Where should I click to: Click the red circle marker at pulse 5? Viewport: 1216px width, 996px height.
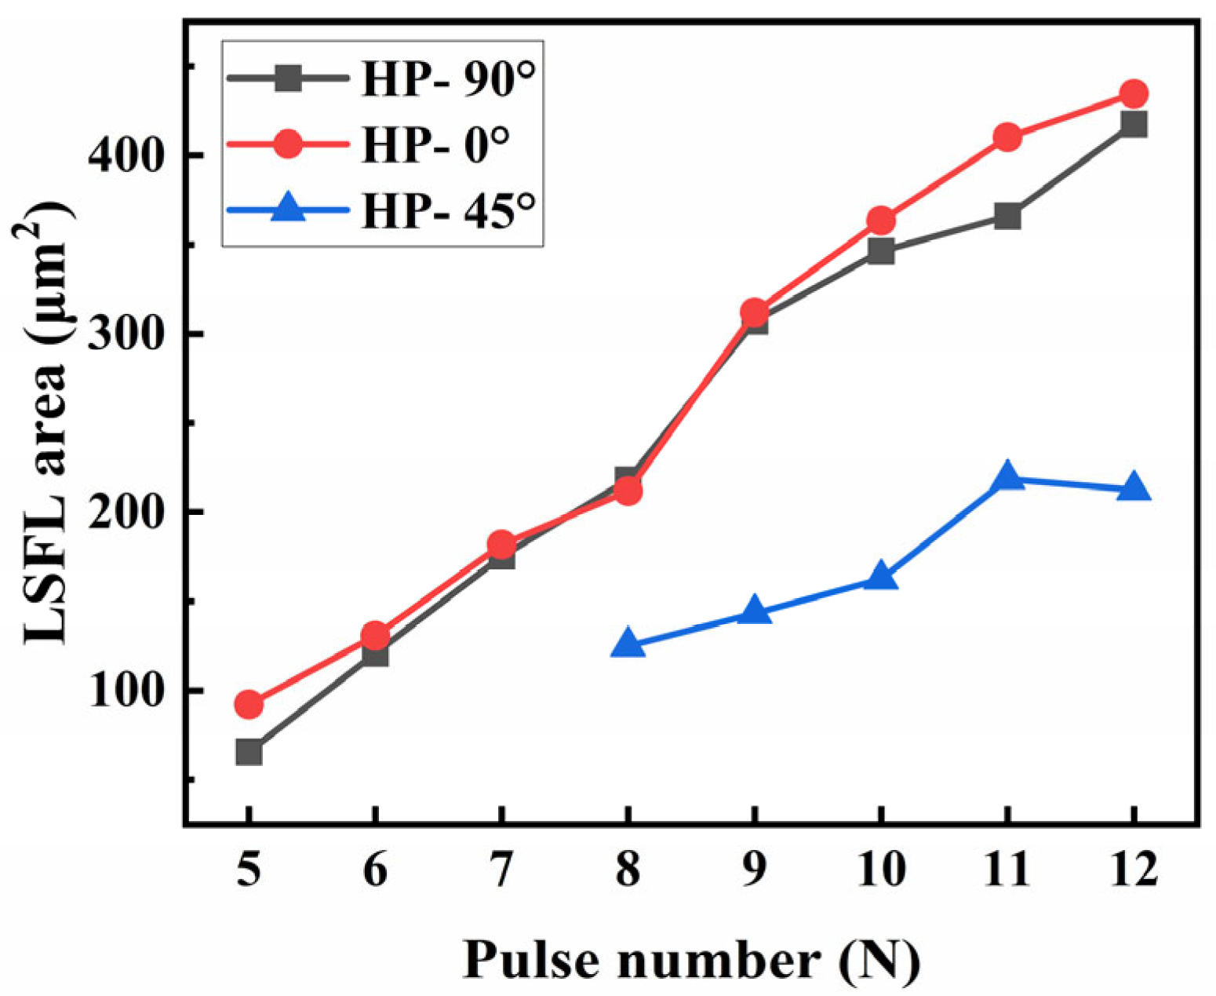(249, 705)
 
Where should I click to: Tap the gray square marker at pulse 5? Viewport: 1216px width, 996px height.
(249, 752)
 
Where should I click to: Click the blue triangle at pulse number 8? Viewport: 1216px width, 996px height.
(628, 644)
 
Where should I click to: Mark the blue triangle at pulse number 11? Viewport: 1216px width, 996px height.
(1007, 477)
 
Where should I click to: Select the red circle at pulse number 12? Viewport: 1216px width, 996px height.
(1134, 94)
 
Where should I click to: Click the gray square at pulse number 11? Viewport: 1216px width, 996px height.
(1007, 216)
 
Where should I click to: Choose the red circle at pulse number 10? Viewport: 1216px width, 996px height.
(881, 221)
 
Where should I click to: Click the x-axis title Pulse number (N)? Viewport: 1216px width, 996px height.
(691, 959)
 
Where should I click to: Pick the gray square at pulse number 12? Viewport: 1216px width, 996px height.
(1134, 124)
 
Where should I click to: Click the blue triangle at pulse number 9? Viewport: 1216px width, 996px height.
(755, 611)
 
